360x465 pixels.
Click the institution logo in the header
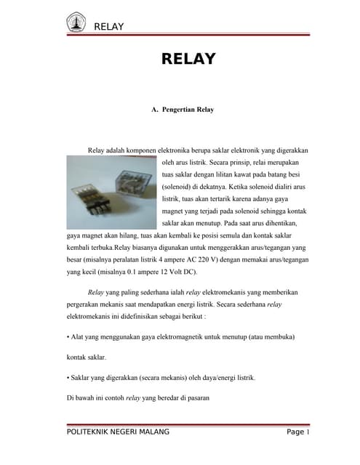pyautogui.click(x=76, y=22)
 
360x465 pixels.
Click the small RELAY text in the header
pyautogui.click(x=109, y=27)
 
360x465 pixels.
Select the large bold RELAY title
pyautogui.click(x=188, y=59)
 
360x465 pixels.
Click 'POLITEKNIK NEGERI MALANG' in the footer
pyautogui.click(x=117, y=432)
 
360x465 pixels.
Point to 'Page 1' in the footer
pyautogui.click(x=298, y=432)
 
